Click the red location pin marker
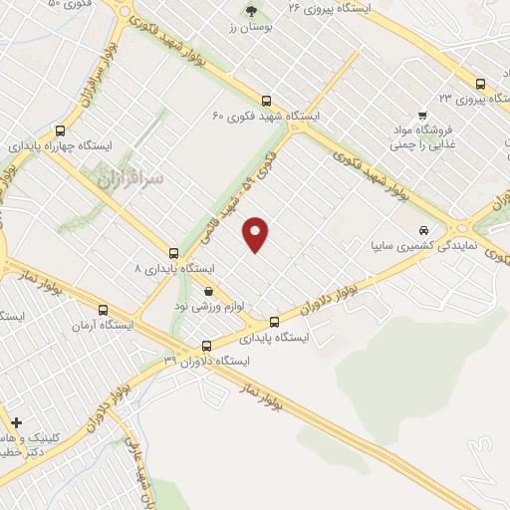[x=257, y=233]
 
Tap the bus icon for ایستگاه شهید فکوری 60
[x=266, y=101]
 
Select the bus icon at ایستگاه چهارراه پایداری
[x=61, y=129]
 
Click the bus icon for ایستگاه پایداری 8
[x=174, y=253]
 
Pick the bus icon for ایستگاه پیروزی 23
[x=480, y=84]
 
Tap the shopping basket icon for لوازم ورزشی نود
[x=208, y=290]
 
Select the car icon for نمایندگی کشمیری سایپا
[x=424, y=228]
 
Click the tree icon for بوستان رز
[x=249, y=13]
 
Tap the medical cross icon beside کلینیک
[x=14, y=421]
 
